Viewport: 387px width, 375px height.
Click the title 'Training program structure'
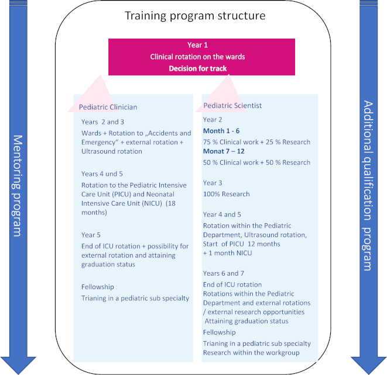(x=195, y=16)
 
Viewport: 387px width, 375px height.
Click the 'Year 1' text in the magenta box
(x=197, y=45)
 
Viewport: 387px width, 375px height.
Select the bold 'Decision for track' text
(x=198, y=68)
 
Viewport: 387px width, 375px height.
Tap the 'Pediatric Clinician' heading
(x=108, y=107)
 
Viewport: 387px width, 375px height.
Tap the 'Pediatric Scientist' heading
(x=232, y=105)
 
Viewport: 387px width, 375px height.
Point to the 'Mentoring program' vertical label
(x=18, y=186)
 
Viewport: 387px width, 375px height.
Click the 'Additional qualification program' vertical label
(x=368, y=185)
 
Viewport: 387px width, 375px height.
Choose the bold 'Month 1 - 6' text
(x=221, y=131)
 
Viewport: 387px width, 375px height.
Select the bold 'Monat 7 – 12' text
(x=224, y=151)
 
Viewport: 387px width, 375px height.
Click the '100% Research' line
(x=227, y=194)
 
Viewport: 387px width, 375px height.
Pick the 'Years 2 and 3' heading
(x=102, y=122)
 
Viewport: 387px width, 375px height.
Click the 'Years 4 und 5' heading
(x=102, y=174)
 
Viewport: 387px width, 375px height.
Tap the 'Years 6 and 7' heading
(x=224, y=273)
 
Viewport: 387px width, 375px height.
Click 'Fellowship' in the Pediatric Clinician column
(x=98, y=287)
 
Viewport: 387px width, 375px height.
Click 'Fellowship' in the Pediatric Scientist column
(x=219, y=332)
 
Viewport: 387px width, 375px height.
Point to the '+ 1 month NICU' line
(x=227, y=253)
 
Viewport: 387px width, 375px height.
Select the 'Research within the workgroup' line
(x=251, y=353)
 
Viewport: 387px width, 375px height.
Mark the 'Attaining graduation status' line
(x=246, y=321)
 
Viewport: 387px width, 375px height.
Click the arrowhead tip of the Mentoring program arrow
(x=18, y=374)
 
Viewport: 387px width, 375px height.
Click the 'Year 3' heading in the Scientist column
(x=213, y=183)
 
